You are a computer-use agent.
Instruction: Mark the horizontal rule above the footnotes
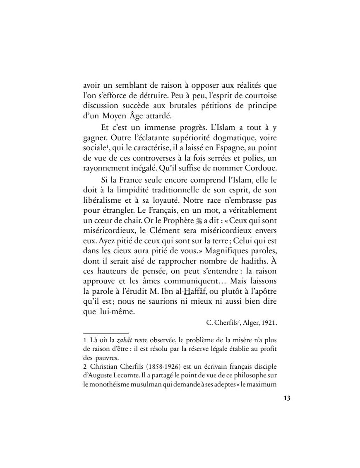pyautogui.click(x=106, y=333)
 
